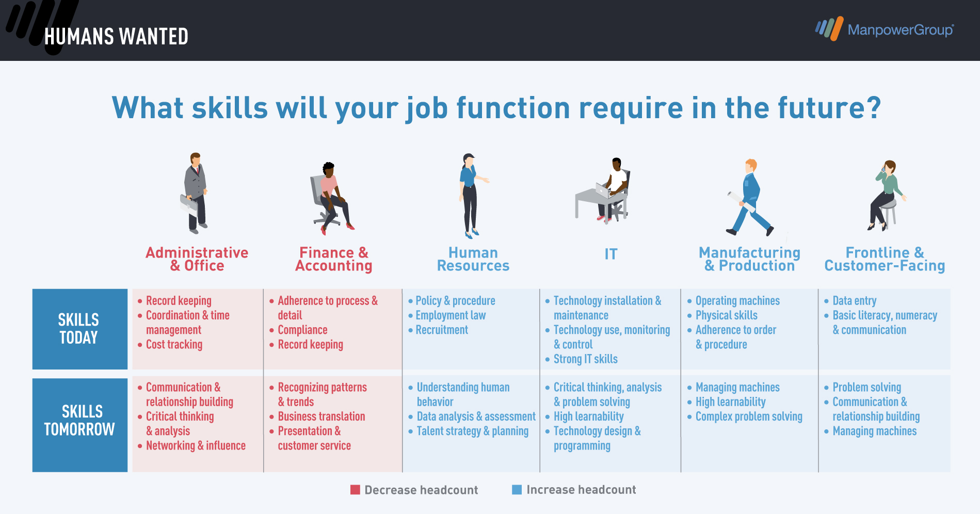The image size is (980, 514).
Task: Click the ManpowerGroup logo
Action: click(x=885, y=29)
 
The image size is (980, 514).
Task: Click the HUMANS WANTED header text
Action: click(x=116, y=37)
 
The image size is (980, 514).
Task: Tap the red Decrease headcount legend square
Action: click(x=355, y=490)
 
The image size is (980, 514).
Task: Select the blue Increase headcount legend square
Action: click(x=517, y=490)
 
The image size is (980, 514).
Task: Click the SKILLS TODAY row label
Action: click(x=80, y=329)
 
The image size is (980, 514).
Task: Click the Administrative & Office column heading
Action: click(x=197, y=259)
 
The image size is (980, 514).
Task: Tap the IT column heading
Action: click(x=611, y=254)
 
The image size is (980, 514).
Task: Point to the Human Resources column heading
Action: click(x=473, y=259)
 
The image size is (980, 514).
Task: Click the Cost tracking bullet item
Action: click(x=174, y=344)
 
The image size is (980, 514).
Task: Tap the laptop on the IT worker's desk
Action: click(x=602, y=191)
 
